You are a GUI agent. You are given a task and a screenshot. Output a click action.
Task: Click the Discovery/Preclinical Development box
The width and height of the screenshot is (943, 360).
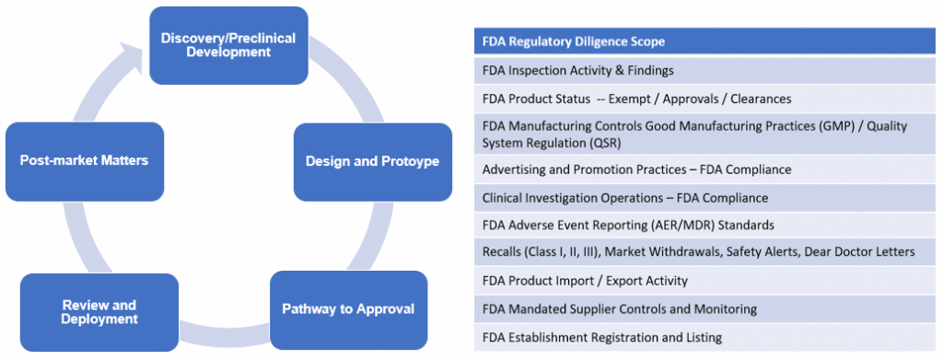(228, 45)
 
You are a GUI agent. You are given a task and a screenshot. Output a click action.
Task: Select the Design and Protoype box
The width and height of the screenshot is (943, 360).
(372, 161)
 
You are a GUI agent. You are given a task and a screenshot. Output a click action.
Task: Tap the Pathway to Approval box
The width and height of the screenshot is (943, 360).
(348, 308)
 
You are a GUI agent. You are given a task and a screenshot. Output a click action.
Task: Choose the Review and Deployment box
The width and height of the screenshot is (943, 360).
(99, 312)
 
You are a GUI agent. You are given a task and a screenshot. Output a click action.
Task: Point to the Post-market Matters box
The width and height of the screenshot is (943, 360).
(84, 160)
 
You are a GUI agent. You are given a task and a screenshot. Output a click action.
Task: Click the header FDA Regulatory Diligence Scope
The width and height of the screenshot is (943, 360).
(573, 41)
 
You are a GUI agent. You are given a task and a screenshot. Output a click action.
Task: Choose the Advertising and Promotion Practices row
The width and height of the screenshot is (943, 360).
(636, 169)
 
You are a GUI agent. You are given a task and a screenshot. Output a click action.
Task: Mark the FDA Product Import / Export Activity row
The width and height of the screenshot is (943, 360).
(585, 280)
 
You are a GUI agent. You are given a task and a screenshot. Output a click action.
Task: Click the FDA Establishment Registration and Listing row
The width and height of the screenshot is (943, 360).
(601, 337)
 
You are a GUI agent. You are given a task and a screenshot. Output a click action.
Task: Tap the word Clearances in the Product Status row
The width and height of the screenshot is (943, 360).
(758, 99)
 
